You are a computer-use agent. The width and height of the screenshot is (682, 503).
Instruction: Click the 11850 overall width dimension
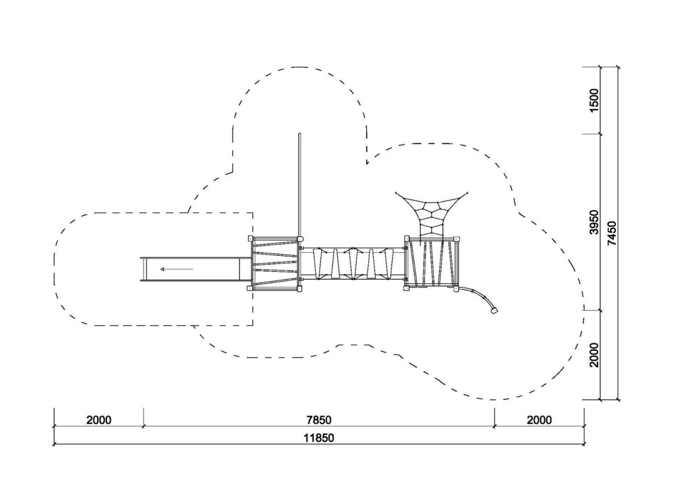(319, 438)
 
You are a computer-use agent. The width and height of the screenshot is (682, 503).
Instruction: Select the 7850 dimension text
(319, 420)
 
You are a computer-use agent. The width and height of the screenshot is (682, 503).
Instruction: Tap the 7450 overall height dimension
(612, 233)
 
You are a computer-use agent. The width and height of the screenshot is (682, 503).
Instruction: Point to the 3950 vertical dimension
(594, 222)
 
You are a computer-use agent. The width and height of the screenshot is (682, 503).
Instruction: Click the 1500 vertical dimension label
(594, 100)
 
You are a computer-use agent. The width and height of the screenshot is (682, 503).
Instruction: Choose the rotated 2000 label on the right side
(594, 355)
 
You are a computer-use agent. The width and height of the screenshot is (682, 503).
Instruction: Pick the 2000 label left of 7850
(99, 420)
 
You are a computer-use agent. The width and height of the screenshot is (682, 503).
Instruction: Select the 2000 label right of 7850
(539, 420)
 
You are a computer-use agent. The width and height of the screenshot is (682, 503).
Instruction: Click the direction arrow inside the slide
(177, 269)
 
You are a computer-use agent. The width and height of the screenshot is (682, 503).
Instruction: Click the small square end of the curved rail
(494, 310)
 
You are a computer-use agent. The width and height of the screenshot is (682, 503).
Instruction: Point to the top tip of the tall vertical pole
(300, 134)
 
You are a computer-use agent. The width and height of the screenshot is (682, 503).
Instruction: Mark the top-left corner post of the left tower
(250, 238)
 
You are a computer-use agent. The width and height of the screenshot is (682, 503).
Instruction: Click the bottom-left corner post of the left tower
(249, 288)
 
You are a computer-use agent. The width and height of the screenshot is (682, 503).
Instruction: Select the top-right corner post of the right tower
(457, 238)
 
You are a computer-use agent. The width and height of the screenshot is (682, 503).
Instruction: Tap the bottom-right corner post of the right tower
(456, 289)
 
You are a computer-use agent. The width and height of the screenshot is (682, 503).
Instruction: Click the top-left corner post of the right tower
(407, 238)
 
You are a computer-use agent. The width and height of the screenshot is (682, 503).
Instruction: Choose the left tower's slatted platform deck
(275, 263)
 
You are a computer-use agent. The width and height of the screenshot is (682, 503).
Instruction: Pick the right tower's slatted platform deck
(432, 263)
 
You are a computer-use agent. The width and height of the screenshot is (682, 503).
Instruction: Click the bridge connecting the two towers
(353, 264)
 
